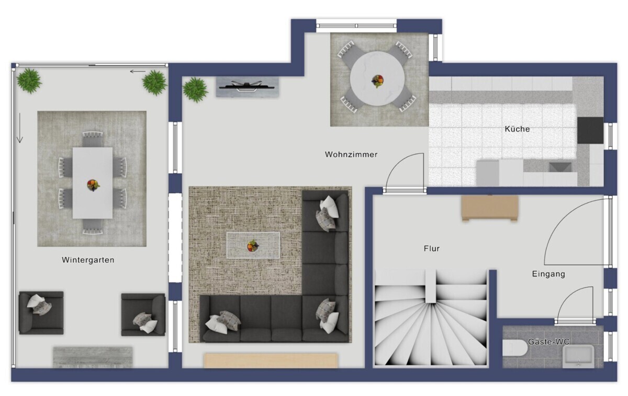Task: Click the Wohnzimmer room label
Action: (351, 154)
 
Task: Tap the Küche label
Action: (517, 129)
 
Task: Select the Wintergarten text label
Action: (88, 260)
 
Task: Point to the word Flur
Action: (431, 248)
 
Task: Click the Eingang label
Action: (548, 274)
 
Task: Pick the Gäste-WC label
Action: (548, 342)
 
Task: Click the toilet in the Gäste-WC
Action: (515, 348)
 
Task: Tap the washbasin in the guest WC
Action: (578, 356)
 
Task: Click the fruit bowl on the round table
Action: (377, 81)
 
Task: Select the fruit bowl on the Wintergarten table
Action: (93, 185)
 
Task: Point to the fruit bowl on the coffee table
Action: (252, 246)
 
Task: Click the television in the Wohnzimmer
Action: (246, 86)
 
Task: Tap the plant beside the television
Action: (195, 89)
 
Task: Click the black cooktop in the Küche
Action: (590, 130)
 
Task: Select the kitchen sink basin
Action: (560, 167)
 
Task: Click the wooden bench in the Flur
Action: (490, 208)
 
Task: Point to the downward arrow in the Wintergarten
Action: (20, 128)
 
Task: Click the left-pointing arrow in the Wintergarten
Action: (138, 72)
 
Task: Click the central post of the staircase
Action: (430, 286)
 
